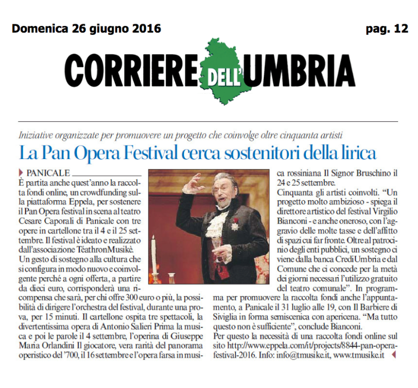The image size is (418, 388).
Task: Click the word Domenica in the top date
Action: click(39, 28)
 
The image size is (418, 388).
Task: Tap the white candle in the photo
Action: click(153, 260)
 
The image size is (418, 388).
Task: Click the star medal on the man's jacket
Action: click(235, 226)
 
